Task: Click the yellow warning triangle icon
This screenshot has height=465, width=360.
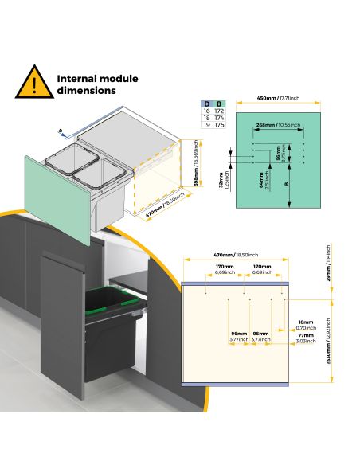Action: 32,83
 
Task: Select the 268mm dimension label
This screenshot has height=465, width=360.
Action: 266,124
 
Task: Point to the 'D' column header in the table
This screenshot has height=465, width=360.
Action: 207,104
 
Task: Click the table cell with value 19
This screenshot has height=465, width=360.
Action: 207,125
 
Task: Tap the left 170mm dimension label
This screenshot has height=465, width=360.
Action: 225,268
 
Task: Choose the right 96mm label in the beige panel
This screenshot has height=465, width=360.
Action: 260,336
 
